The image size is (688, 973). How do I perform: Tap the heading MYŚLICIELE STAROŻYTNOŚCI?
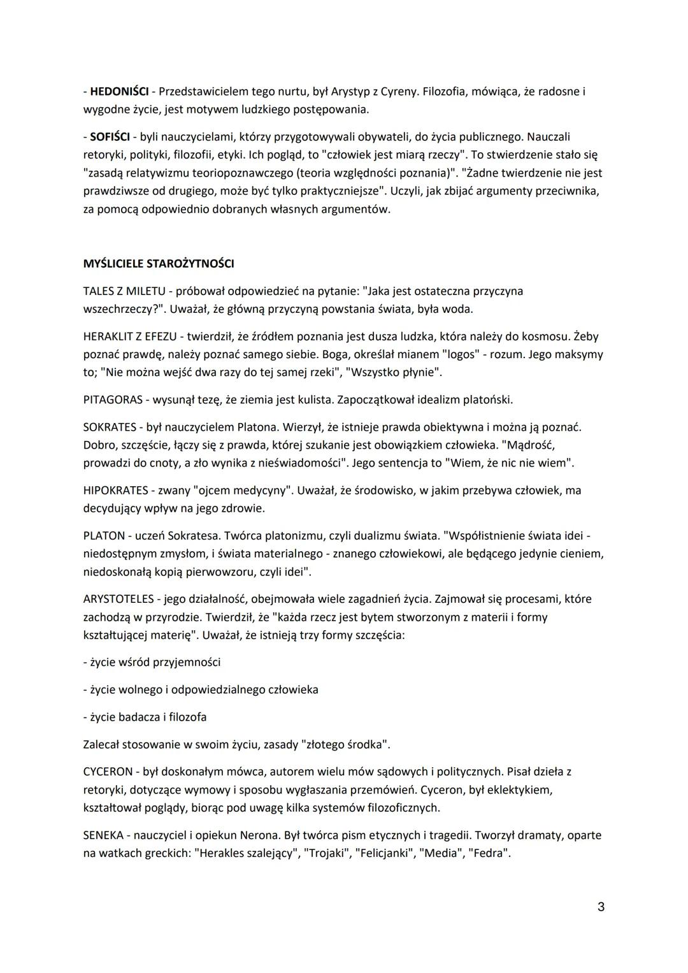pyautogui.click(x=159, y=264)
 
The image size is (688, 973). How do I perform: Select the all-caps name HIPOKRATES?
pyautogui.click(x=113, y=491)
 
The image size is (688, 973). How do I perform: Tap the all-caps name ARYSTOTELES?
pyautogui.click(x=118, y=599)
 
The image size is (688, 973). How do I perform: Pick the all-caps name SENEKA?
pyautogui.click(x=103, y=835)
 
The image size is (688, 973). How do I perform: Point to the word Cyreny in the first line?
pyautogui.click(x=400, y=91)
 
